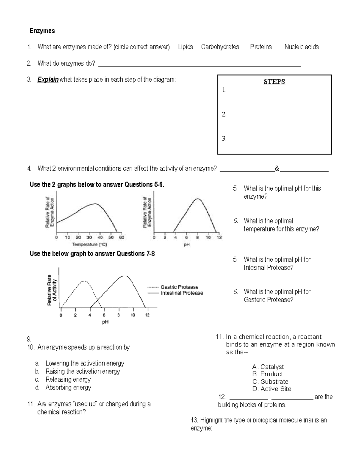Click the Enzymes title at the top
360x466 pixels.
pyautogui.click(x=42, y=31)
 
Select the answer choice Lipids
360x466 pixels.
pyautogui.click(x=185, y=47)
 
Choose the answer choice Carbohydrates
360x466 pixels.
pyautogui.click(x=220, y=47)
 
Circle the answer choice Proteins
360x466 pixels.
pyautogui.click(x=261, y=47)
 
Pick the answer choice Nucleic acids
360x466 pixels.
pyautogui.click(x=301, y=47)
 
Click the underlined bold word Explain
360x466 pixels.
pyautogui.click(x=48, y=80)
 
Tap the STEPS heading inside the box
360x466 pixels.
pyautogui.click(x=274, y=82)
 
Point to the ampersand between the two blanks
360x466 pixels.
pyautogui.click(x=277, y=169)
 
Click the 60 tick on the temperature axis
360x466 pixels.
pyautogui.click(x=121, y=237)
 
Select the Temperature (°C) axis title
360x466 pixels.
pyautogui.click(x=89, y=245)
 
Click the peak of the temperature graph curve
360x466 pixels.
pyautogui.click(x=95, y=204)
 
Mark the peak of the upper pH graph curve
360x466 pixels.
pyautogui.click(x=197, y=199)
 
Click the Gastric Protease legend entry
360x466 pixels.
pyautogui.click(x=179, y=287)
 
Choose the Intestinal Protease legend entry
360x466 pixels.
pyautogui.click(x=182, y=293)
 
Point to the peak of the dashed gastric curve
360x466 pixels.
pyautogui.click(x=84, y=281)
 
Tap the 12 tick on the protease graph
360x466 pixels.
pyautogui.click(x=147, y=315)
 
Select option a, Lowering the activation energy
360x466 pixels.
pyautogui.click(x=85, y=363)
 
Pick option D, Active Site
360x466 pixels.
pyautogui.click(x=272, y=389)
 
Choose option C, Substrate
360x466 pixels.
pyautogui.click(x=271, y=382)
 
